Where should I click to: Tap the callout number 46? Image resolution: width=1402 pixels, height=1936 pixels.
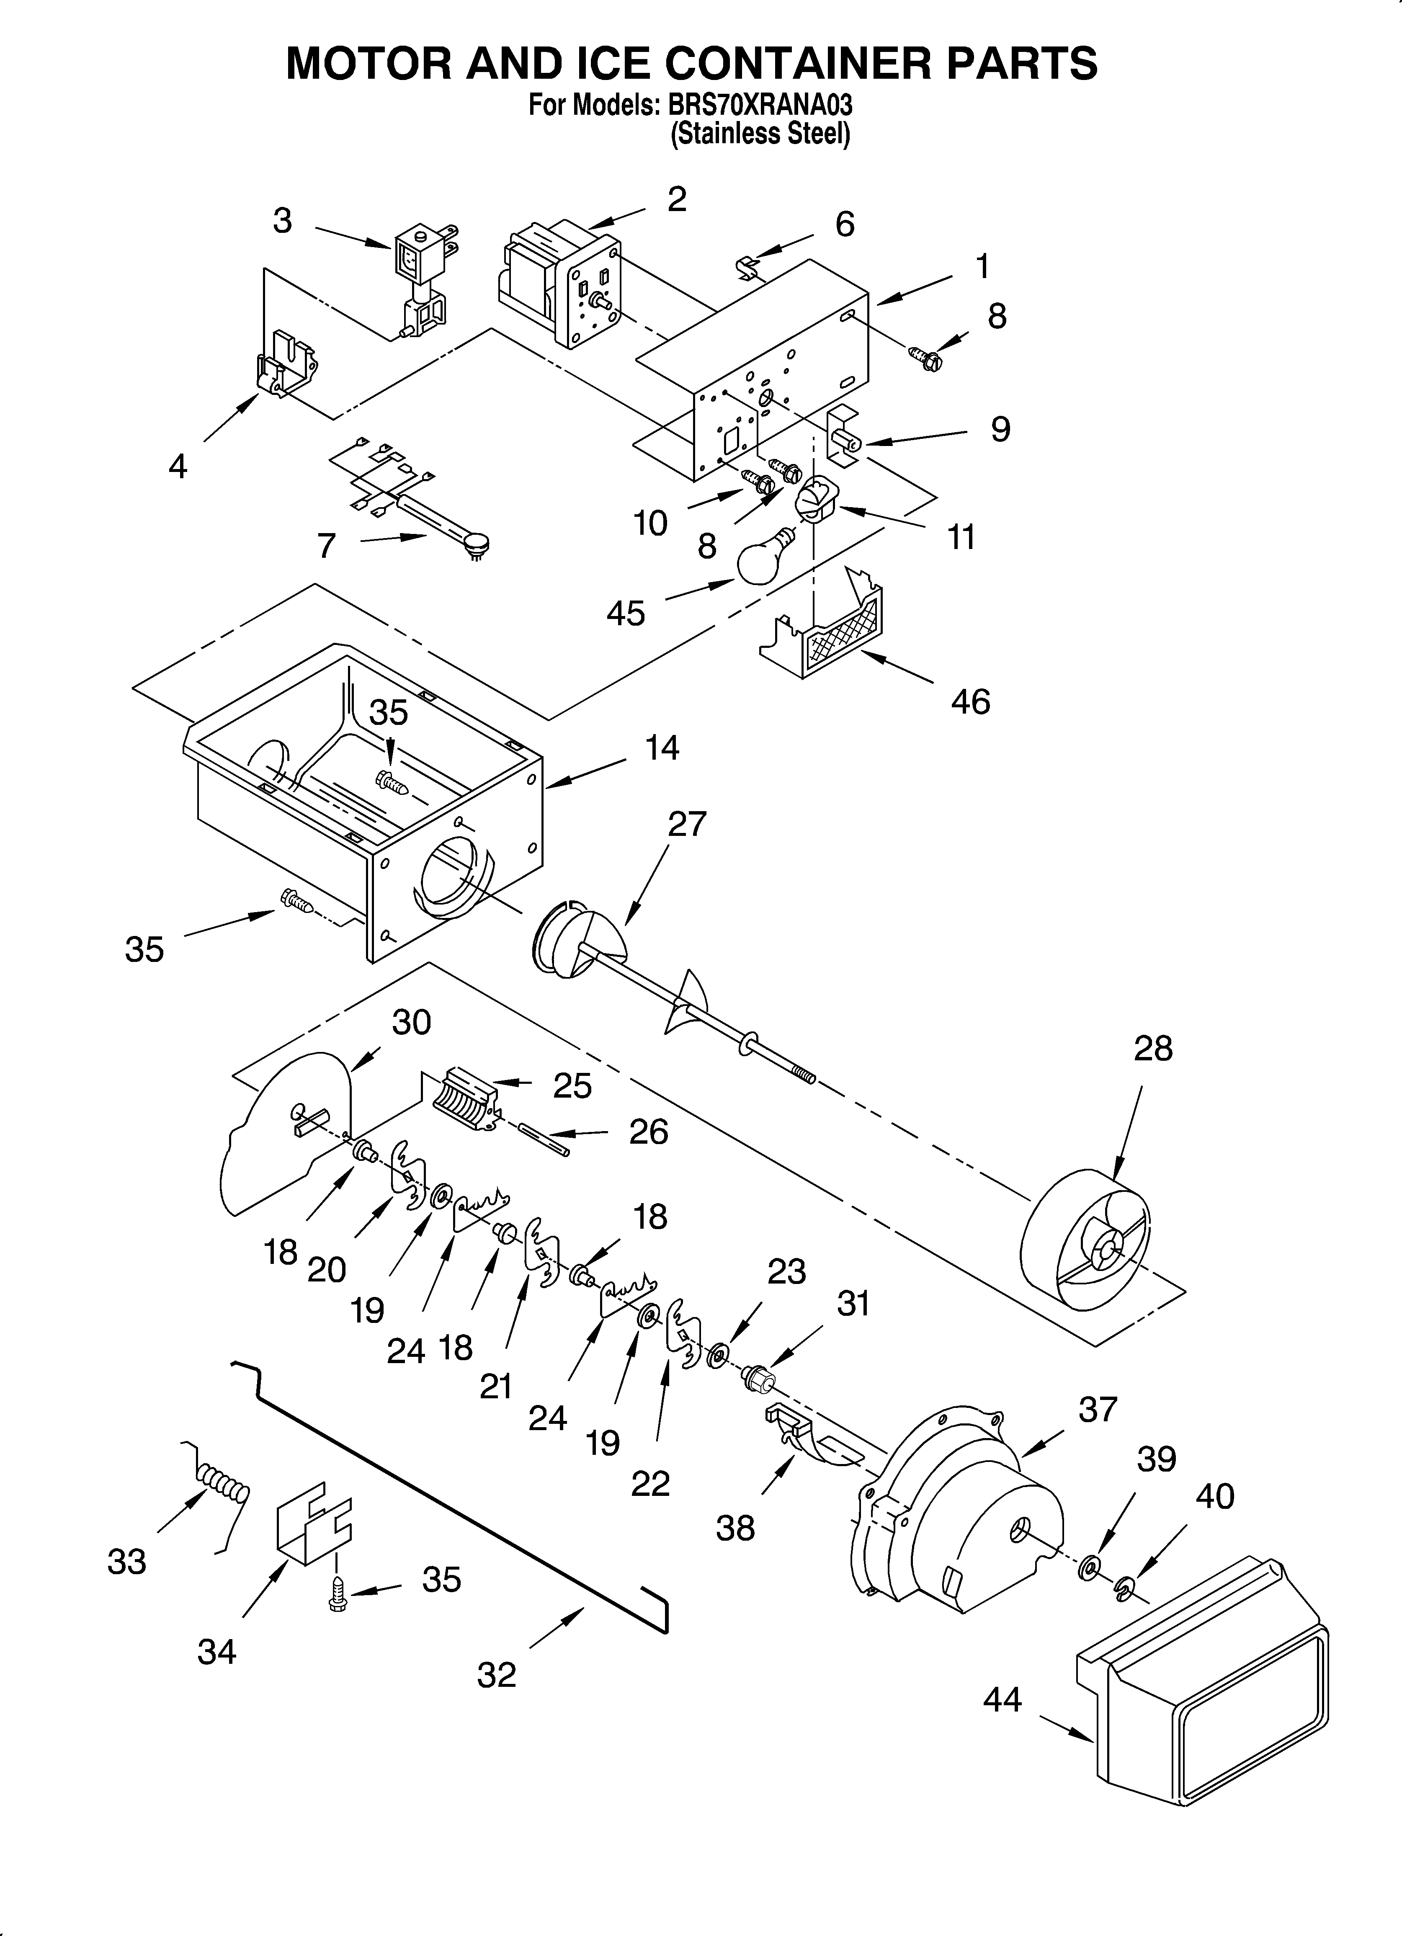[x=970, y=702]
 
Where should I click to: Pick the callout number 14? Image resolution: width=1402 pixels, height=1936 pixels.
[x=662, y=748]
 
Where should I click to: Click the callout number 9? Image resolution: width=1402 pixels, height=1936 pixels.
[x=1000, y=428]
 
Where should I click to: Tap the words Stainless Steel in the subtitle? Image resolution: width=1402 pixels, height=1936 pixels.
[x=760, y=134]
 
